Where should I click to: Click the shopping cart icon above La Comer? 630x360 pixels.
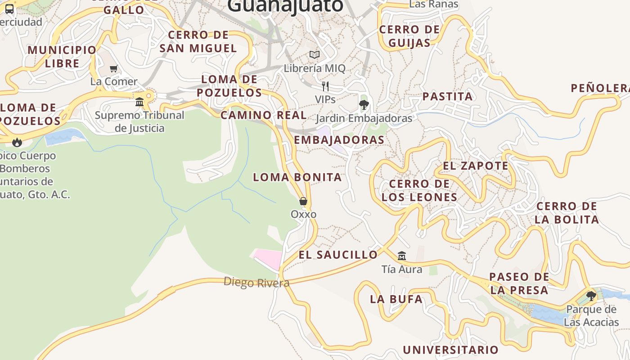pyautogui.click(x=114, y=69)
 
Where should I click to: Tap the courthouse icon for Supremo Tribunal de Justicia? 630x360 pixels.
pyautogui.click(x=139, y=102)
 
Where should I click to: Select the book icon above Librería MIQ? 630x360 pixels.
pyautogui.click(x=315, y=55)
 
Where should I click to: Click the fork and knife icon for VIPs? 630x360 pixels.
pyautogui.click(x=325, y=86)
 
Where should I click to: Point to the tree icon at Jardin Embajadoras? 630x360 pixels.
pyautogui.click(x=364, y=105)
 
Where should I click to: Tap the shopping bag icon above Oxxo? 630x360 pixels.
pyautogui.click(x=303, y=201)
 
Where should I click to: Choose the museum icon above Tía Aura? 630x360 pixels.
pyautogui.click(x=402, y=256)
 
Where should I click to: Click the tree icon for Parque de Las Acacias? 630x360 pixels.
pyautogui.click(x=591, y=296)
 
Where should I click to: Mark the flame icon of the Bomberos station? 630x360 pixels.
pyautogui.click(x=17, y=143)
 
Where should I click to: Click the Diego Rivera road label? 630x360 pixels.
pyautogui.click(x=256, y=283)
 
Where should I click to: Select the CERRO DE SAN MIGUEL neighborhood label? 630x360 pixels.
pyautogui.click(x=198, y=41)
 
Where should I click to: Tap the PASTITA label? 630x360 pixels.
pyautogui.click(x=447, y=96)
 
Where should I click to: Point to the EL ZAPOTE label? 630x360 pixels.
pyautogui.click(x=476, y=166)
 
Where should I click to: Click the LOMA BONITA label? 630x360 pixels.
pyautogui.click(x=297, y=177)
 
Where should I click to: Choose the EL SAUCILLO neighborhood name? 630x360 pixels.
pyautogui.click(x=338, y=255)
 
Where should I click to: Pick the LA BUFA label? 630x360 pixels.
pyautogui.click(x=396, y=299)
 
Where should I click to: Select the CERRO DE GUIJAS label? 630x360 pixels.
pyautogui.click(x=409, y=36)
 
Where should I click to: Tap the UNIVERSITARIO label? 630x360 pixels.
pyautogui.click(x=450, y=350)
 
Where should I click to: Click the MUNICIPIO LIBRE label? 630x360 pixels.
pyautogui.click(x=62, y=56)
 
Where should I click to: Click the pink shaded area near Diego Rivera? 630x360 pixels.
pyautogui.click(x=268, y=259)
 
